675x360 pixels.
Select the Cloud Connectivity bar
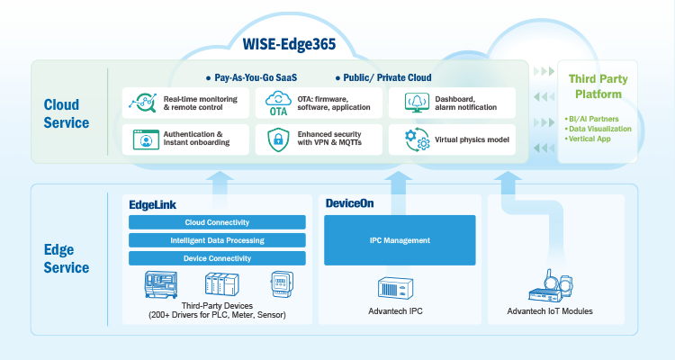[217, 222]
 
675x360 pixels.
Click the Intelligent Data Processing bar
[217, 240]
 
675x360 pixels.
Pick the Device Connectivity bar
[217, 258]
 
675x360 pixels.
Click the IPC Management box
[400, 240]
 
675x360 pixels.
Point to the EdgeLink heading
[154, 204]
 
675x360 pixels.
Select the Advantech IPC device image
[400, 288]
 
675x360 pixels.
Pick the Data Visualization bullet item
[600, 130]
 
